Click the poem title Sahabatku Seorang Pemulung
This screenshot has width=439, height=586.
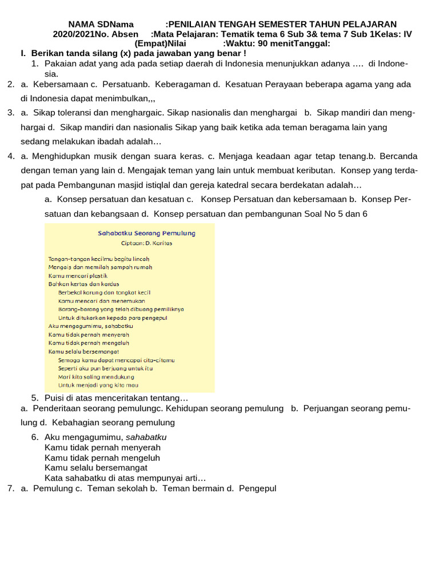(x=146, y=233)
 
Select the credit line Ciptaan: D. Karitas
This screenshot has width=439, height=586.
(x=146, y=243)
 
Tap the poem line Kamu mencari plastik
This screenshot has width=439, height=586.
(x=78, y=275)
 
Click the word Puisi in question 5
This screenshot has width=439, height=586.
(x=54, y=398)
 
